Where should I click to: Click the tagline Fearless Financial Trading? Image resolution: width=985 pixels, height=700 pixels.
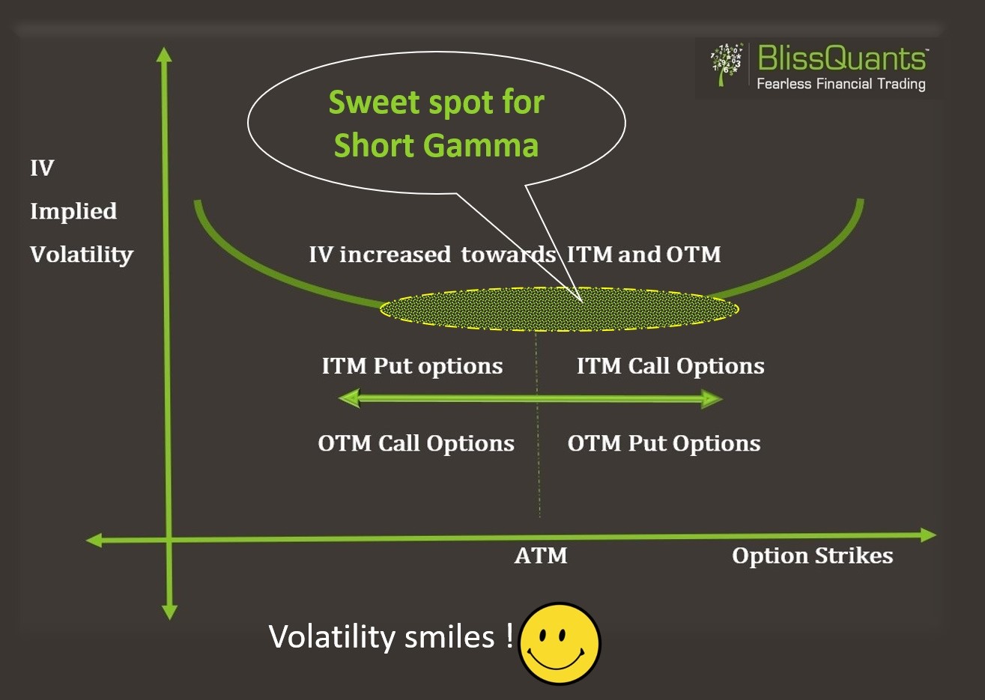click(840, 84)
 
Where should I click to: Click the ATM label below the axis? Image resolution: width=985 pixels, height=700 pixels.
click(541, 556)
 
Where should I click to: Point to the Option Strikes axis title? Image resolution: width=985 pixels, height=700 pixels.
click(812, 556)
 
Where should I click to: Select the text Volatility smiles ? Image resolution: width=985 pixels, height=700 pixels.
click(391, 637)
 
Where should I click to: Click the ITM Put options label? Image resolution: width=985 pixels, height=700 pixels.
click(412, 366)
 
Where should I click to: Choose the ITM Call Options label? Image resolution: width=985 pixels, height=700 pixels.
click(670, 366)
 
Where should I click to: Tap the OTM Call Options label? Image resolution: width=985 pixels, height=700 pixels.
click(416, 443)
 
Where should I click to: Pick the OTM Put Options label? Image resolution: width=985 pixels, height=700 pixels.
click(664, 443)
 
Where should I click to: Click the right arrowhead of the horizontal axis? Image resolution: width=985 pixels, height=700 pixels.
click(929, 535)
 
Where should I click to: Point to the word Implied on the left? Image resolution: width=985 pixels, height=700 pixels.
click(73, 212)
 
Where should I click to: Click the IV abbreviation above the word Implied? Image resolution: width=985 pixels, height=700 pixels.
click(42, 168)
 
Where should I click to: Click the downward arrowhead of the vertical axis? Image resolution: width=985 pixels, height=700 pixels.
click(170, 612)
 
